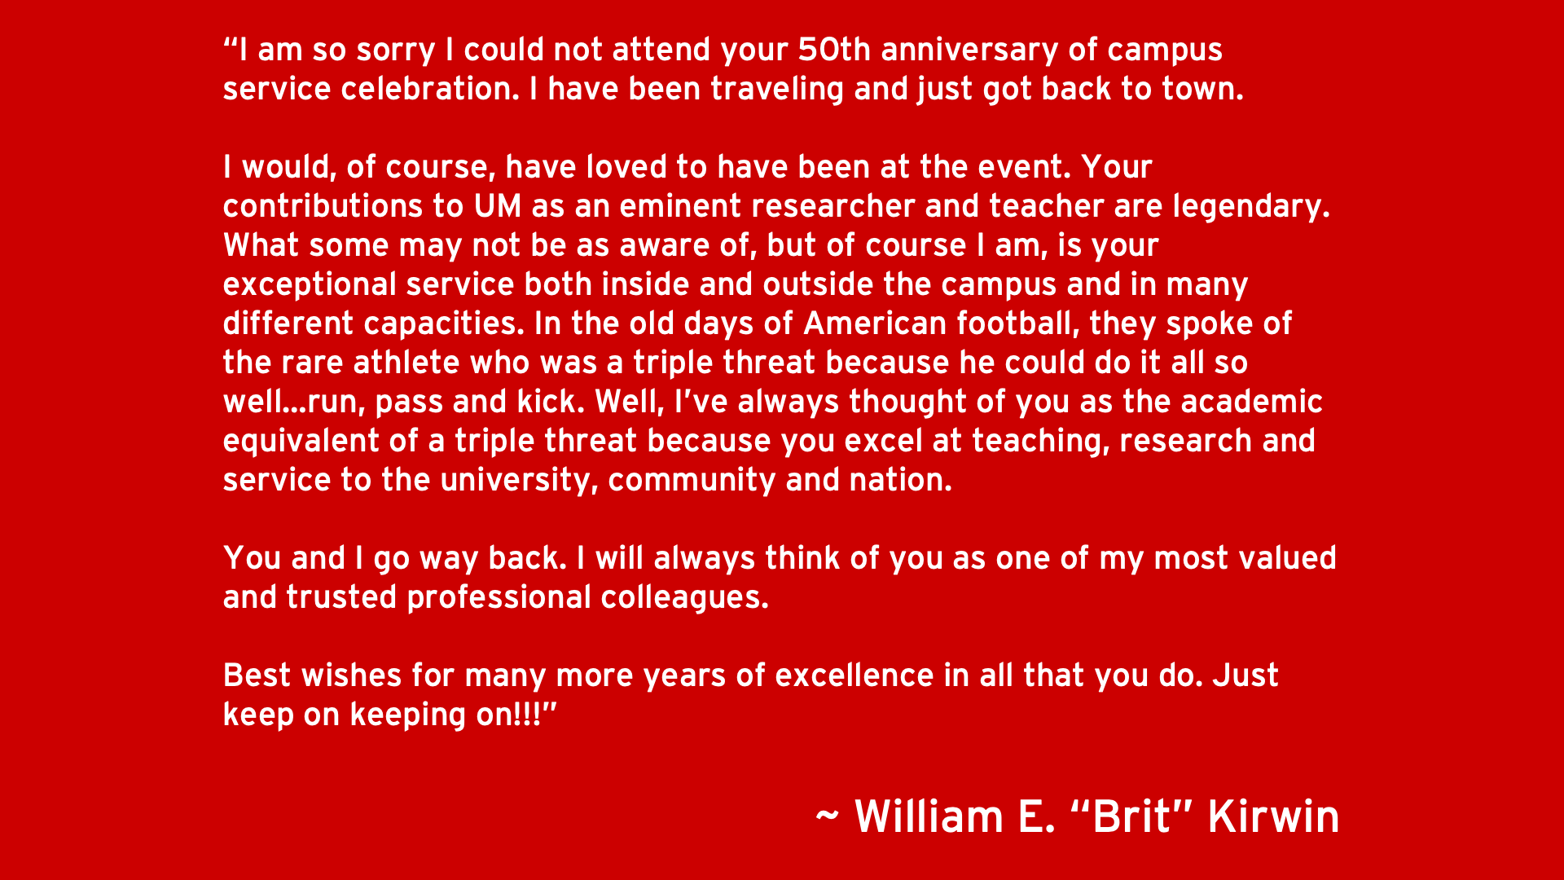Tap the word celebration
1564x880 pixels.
pos(429,89)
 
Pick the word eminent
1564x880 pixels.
pos(679,206)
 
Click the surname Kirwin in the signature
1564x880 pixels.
pos(1273,816)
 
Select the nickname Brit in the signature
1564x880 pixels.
pos(1132,816)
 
